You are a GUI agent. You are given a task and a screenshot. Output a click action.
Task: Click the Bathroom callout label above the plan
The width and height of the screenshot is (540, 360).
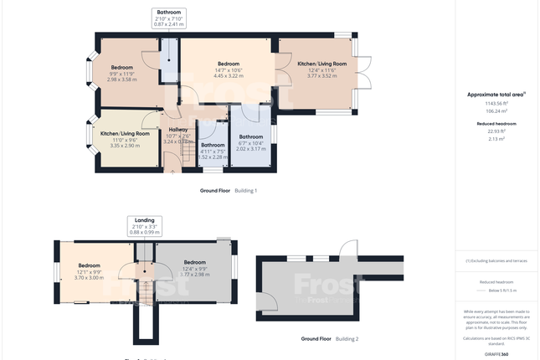(168, 18)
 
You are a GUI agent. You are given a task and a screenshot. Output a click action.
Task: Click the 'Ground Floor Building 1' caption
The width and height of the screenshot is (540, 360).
(228, 191)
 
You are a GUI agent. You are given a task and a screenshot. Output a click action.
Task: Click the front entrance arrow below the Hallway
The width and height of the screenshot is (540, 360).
(173, 171)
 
